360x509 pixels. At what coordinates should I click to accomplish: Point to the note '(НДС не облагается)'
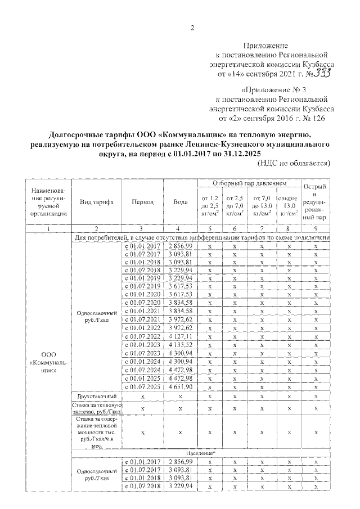pos(293,163)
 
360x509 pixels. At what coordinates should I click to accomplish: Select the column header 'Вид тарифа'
pos(97,202)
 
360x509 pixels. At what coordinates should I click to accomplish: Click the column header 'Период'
pos(141,202)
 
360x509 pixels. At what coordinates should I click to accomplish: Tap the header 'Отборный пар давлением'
pos(250,184)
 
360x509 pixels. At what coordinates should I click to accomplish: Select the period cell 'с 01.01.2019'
pos(142,277)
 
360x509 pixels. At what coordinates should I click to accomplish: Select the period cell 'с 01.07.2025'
pos(142,388)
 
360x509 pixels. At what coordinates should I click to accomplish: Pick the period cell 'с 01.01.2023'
pos(142,345)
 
